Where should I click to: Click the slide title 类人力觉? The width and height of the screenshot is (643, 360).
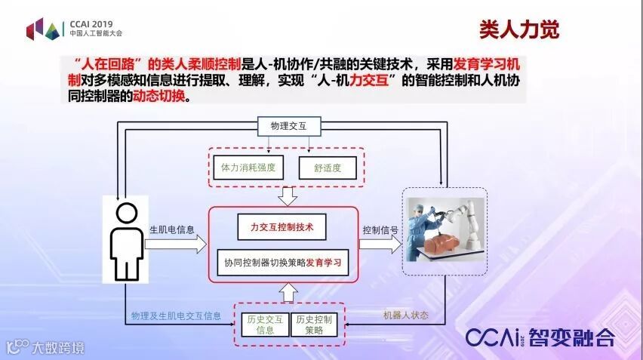coord(520,29)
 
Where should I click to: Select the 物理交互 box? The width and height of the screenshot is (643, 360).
coord(285,126)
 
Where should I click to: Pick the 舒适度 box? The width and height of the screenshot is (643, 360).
coord(328,168)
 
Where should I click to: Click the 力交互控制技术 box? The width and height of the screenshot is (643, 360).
coord(281,225)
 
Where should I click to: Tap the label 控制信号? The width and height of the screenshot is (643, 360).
coord(381,229)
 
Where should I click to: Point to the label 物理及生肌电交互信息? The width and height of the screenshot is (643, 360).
coord(176,315)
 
